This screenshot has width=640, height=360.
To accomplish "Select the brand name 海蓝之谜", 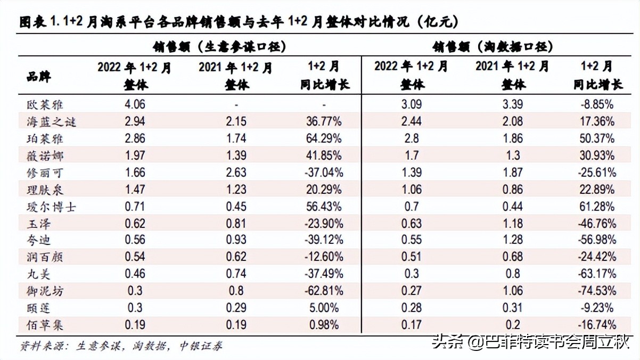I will pos(51,121).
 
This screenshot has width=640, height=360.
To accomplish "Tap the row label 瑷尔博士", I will pos(51,207).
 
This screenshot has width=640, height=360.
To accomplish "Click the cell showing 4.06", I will pos(134,104).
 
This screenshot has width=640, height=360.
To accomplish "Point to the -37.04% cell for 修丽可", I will pos(323,173).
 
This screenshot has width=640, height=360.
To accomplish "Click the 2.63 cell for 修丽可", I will pos(235,173).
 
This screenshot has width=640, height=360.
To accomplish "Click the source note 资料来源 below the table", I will pos(120,346).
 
